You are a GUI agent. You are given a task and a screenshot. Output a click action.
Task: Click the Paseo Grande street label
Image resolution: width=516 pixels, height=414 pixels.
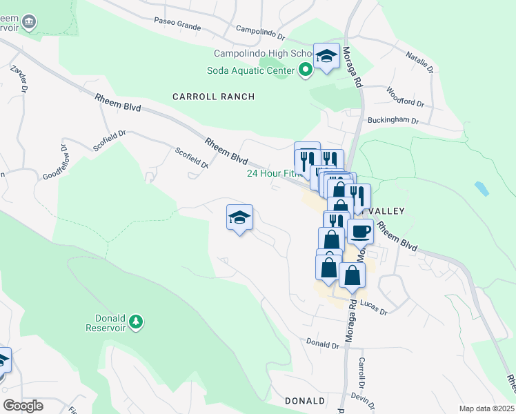(x=178, y=26)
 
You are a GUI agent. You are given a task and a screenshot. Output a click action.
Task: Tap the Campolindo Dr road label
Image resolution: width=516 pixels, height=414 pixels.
(x=260, y=31)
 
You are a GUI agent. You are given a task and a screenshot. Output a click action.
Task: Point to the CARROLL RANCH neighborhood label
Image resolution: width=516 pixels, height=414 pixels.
(x=214, y=97)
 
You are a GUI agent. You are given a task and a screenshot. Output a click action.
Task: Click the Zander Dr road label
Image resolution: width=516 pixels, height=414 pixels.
(x=19, y=78)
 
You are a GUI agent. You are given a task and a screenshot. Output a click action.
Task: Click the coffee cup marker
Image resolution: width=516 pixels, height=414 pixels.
(x=359, y=231)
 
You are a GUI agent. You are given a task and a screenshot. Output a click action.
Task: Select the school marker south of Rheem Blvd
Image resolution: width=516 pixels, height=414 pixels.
(x=239, y=217)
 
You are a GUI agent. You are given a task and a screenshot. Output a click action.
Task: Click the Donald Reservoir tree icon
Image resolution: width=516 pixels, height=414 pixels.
(x=137, y=322)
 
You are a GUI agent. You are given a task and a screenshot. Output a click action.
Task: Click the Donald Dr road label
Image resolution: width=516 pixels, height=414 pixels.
(x=322, y=343)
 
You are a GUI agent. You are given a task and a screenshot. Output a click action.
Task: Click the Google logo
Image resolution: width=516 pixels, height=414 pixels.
(x=23, y=406)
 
